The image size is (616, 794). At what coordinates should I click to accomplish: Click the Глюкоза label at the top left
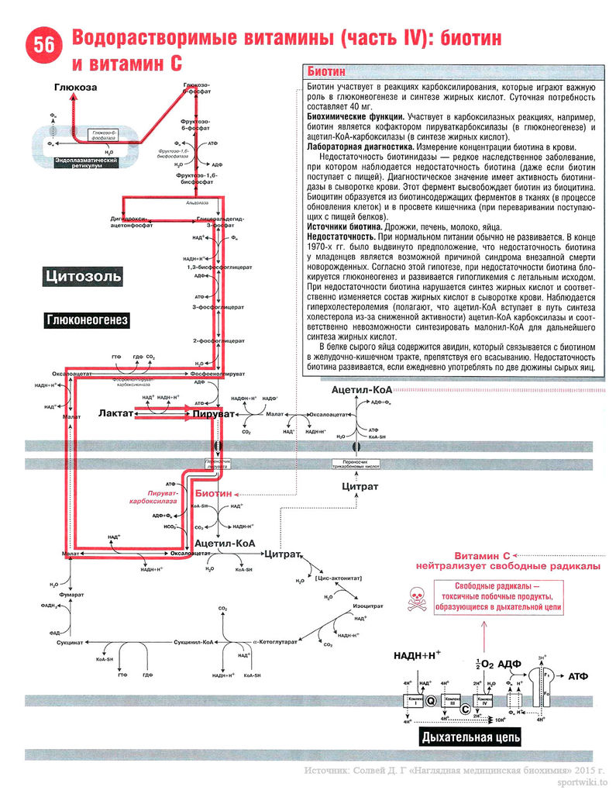[75, 88]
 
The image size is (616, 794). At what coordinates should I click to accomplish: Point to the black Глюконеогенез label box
[87, 319]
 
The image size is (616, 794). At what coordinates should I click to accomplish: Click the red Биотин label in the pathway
[213, 493]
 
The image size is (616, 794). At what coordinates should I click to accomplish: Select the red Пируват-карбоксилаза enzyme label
[155, 498]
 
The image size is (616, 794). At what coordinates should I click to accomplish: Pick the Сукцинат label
[71, 643]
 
